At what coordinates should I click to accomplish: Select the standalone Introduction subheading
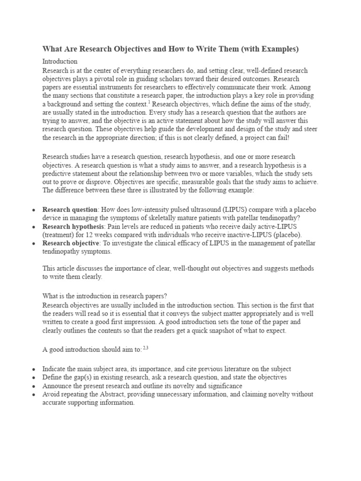click(60, 61)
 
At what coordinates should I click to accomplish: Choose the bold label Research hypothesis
click(67, 226)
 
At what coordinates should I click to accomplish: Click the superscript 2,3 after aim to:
click(145, 348)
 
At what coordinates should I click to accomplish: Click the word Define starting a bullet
click(53, 377)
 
